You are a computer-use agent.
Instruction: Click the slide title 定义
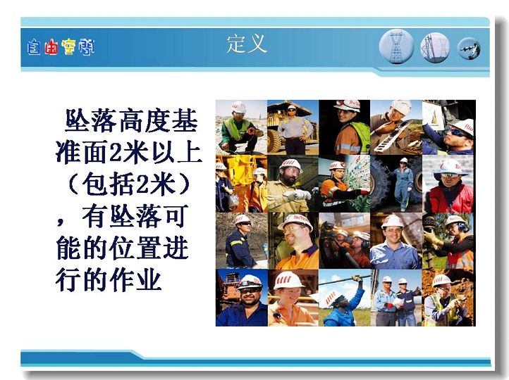pyautogui.click(x=247, y=44)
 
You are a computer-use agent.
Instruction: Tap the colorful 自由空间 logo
pyautogui.click(x=61, y=47)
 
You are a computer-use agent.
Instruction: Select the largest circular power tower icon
pyautogui.click(x=396, y=46)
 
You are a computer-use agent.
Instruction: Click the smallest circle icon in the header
pyautogui.click(x=469, y=49)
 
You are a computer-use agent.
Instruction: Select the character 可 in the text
pyautogui.click(x=176, y=217)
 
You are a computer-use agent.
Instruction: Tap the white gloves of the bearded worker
pyautogui.click(x=298, y=195)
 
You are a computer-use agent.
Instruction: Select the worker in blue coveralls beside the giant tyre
pyautogui.click(x=403, y=184)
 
